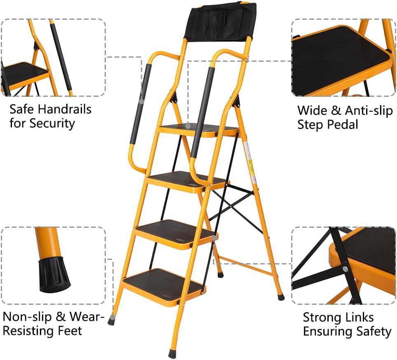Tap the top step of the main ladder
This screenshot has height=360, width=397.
coord(198,129)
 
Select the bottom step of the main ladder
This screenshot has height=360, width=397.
coord(163,285)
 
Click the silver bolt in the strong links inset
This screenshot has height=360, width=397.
coord(345,269)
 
